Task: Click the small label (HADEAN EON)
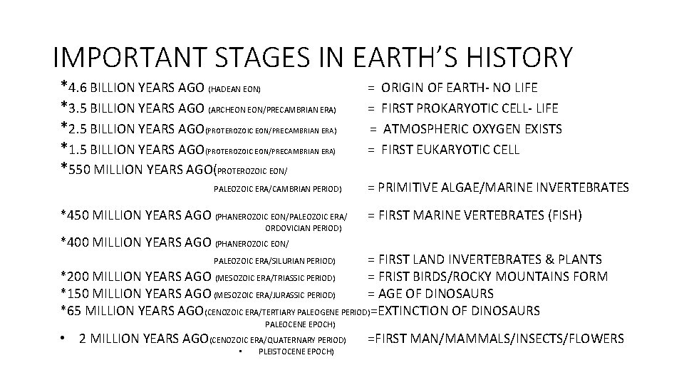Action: (234, 90)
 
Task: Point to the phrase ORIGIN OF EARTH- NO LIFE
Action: (460, 88)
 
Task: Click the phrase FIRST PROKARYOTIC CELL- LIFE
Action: (470, 108)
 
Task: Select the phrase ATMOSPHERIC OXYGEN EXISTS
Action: (472, 129)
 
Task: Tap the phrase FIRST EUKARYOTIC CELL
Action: (450, 150)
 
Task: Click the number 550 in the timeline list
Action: (81, 170)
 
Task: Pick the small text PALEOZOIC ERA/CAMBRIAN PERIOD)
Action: (278, 190)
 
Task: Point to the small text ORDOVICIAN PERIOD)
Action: (304, 229)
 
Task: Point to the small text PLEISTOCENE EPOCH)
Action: (297, 352)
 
